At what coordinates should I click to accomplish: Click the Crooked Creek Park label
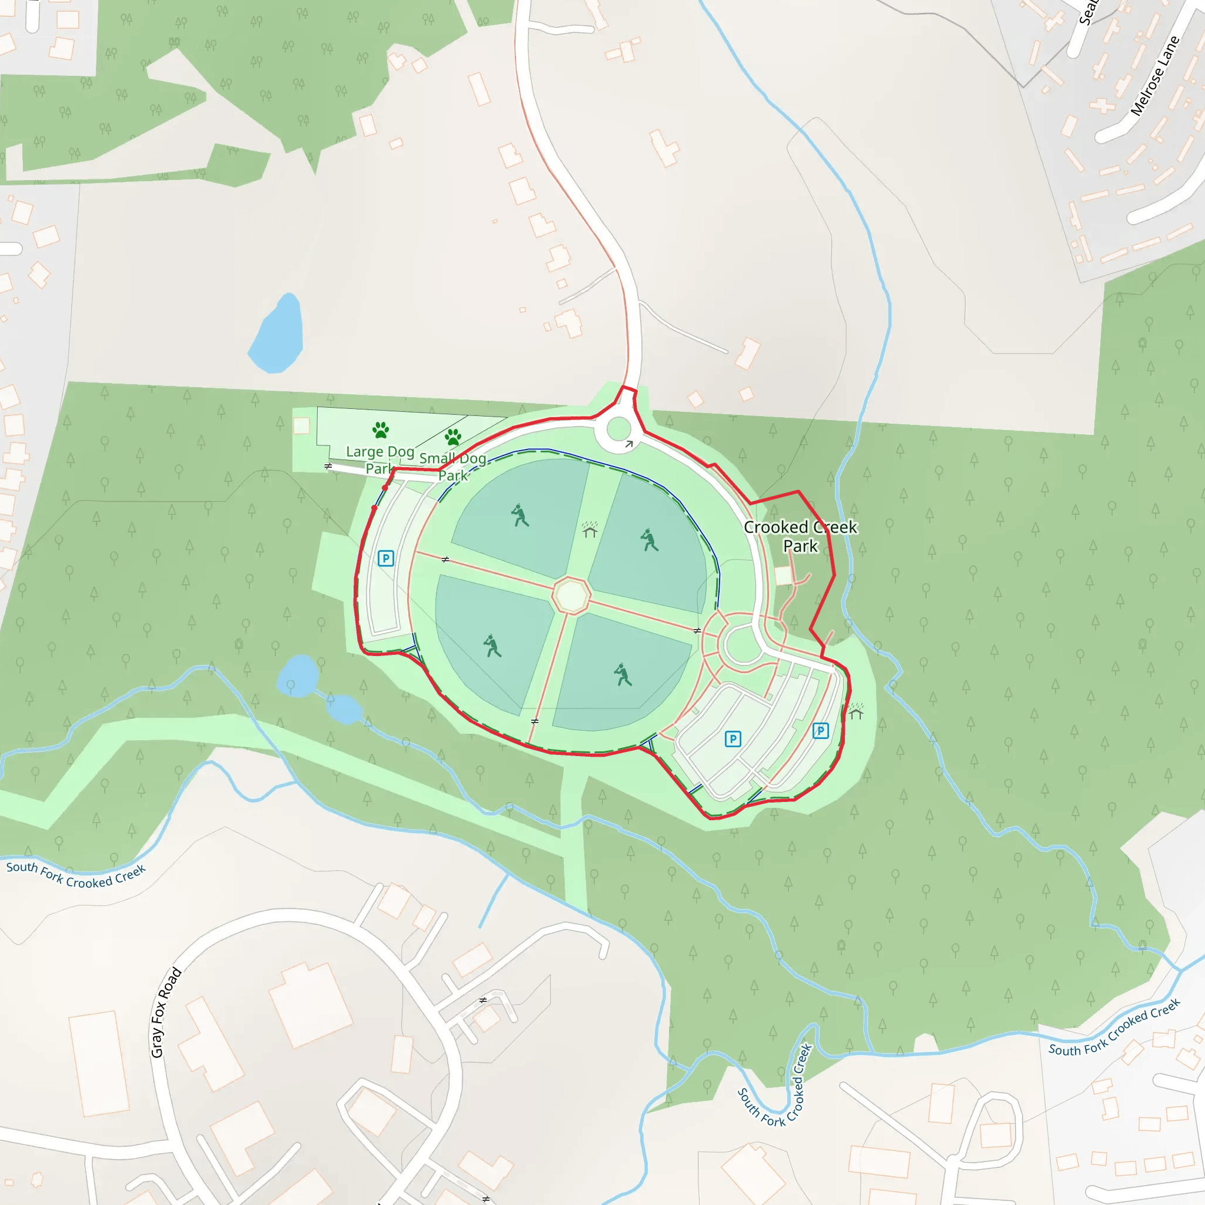coord(800,537)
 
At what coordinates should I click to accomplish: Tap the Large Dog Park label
coord(380,459)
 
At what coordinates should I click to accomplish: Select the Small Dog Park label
coord(453,467)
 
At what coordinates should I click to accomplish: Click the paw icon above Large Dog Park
coord(381,430)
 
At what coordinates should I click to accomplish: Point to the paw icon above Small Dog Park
coord(454,437)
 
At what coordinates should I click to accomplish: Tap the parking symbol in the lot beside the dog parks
coord(386,558)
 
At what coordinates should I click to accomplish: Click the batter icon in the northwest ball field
coord(520,515)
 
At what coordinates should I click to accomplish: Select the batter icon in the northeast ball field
coord(650,540)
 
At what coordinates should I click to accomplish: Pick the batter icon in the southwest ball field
coord(492,645)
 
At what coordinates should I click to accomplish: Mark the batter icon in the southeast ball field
coord(622,674)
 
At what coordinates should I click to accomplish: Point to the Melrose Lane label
coord(1155,76)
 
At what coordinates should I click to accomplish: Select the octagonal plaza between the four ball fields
coord(570,595)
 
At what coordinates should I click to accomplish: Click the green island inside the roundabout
coord(619,429)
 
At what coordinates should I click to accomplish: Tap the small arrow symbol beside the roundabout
coord(630,444)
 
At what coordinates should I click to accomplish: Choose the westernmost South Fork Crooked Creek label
coord(75,876)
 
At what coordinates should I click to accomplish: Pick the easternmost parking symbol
coord(821,731)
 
